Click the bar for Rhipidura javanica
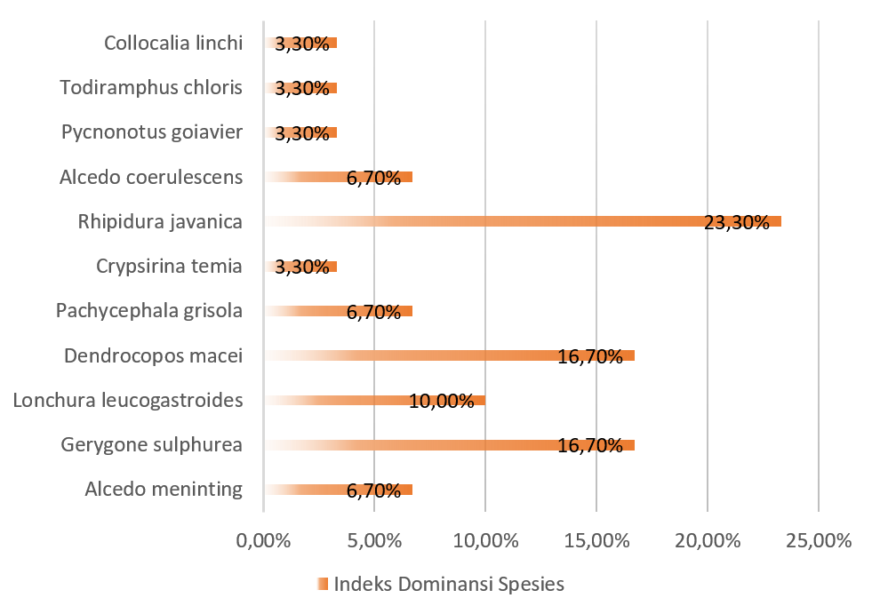point(523,221)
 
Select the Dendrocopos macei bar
point(449,355)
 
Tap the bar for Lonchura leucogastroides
point(374,400)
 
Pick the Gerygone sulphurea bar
point(449,444)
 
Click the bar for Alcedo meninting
point(338,490)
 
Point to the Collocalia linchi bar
point(300,43)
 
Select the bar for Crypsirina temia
point(300,266)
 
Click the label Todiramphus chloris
point(151,87)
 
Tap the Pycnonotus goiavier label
point(152,132)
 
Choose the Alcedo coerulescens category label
point(151,177)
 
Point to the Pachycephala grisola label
point(149,310)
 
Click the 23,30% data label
point(736,222)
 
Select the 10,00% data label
point(441,401)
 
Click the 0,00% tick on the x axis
point(263,540)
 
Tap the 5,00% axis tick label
point(374,540)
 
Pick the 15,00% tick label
point(596,540)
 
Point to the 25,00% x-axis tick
point(818,540)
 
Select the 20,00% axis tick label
point(707,540)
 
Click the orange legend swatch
point(322,585)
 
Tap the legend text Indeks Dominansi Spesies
point(449,585)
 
